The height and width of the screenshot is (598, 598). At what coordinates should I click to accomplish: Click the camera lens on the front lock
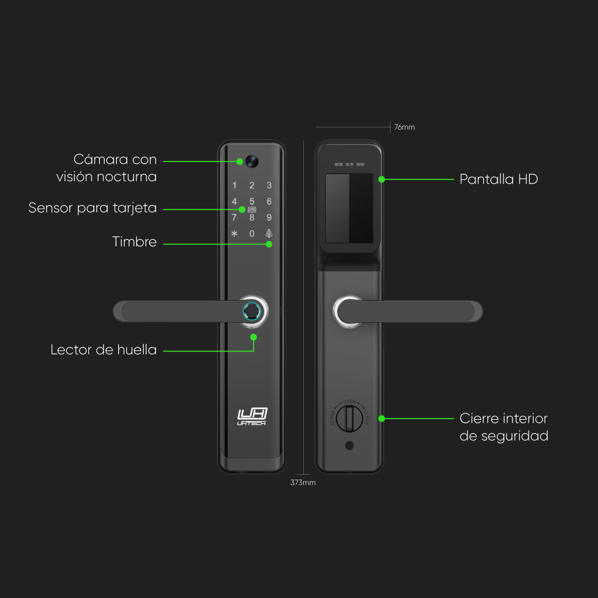click(x=251, y=161)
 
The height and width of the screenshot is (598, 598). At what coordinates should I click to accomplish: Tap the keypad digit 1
click(x=234, y=186)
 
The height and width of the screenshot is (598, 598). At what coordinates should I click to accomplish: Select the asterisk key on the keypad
click(x=234, y=234)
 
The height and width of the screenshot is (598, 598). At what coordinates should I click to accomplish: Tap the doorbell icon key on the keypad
click(x=269, y=233)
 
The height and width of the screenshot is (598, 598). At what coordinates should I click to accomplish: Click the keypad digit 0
click(x=252, y=234)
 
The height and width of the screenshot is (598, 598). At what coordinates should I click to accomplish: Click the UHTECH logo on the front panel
click(x=252, y=416)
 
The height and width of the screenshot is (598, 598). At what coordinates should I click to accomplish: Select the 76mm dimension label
click(x=404, y=127)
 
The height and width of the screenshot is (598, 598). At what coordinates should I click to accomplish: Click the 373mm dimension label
click(x=303, y=483)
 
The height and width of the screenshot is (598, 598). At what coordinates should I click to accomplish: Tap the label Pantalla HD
click(x=499, y=179)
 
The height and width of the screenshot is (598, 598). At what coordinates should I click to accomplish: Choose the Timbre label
click(x=135, y=242)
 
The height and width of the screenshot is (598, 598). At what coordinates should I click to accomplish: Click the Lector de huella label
click(x=103, y=350)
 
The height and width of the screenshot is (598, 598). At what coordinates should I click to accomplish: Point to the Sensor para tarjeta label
click(x=93, y=208)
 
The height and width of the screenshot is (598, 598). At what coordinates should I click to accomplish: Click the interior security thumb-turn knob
click(x=349, y=417)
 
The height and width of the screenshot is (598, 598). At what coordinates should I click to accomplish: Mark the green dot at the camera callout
click(x=239, y=161)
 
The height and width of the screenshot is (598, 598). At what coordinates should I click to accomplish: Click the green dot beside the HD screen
click(x=382, y=179)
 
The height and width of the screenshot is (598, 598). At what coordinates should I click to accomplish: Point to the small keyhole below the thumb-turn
click(x=349, y=446)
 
